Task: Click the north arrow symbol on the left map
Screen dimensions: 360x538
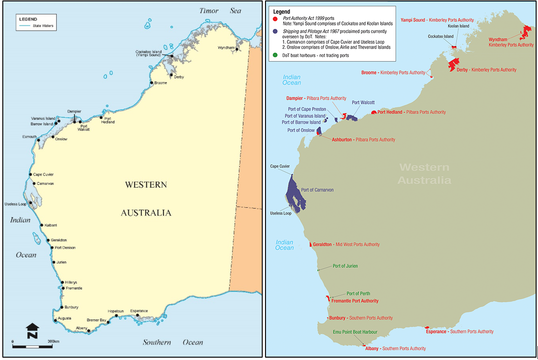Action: [32, 331]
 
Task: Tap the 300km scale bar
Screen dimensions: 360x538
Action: [32, 346]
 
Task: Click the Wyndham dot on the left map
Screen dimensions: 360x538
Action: [237, 49]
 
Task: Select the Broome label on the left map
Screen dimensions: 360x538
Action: [161, 83]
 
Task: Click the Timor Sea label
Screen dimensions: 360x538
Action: [220, 10]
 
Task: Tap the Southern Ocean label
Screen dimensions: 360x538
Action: [173, 342]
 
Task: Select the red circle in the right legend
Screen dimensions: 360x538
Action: [276, 19]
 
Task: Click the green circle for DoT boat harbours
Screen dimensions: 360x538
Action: [276, 55]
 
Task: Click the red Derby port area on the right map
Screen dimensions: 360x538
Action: [453, 64]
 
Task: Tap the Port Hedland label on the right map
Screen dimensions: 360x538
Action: [390, 112]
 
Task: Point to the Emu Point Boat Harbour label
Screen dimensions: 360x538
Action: [355, 332]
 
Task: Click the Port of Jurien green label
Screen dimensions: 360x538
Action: [345, 266]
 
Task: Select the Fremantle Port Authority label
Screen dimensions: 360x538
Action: [355, 301]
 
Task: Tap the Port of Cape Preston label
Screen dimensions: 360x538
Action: [307, 109]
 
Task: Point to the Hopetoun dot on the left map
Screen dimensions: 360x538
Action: [116, 316]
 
